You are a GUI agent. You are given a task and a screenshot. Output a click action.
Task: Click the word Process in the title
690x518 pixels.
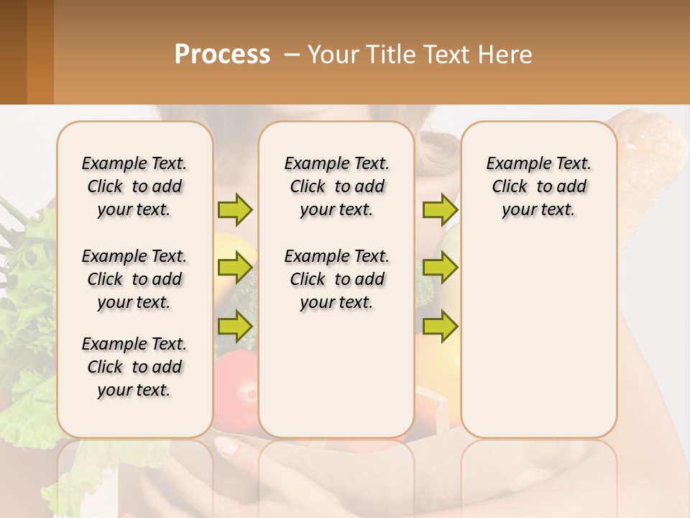tap(222, 55)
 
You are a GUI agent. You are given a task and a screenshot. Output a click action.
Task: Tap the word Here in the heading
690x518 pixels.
tap(504, 55)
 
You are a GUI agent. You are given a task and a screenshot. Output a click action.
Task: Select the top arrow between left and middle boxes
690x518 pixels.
tap(235, 209)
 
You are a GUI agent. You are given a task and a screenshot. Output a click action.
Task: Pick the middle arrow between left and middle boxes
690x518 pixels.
tap(235, 268)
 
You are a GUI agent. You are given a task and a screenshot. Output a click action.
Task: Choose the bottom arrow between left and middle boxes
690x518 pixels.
tap(235, 326)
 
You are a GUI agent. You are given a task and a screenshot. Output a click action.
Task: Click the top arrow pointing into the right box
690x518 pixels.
tap(440, 209)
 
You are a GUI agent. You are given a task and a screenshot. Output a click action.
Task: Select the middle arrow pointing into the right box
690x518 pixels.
tap(440, 268)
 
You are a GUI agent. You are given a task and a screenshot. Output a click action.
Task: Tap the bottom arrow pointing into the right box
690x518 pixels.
tap(440, 326)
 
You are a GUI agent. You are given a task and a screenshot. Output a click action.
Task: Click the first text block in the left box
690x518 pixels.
tap(134, 186)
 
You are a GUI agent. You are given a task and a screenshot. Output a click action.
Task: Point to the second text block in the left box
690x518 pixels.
tap(134, 279)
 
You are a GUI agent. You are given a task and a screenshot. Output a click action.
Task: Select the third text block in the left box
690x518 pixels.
tap(134, 367)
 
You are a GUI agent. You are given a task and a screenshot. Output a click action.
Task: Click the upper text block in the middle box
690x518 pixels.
tap(336, 186)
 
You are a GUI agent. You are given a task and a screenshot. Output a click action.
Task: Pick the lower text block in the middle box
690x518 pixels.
tap(336, 279)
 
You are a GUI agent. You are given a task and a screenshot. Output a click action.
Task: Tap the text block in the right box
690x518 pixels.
tap(538, 186)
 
